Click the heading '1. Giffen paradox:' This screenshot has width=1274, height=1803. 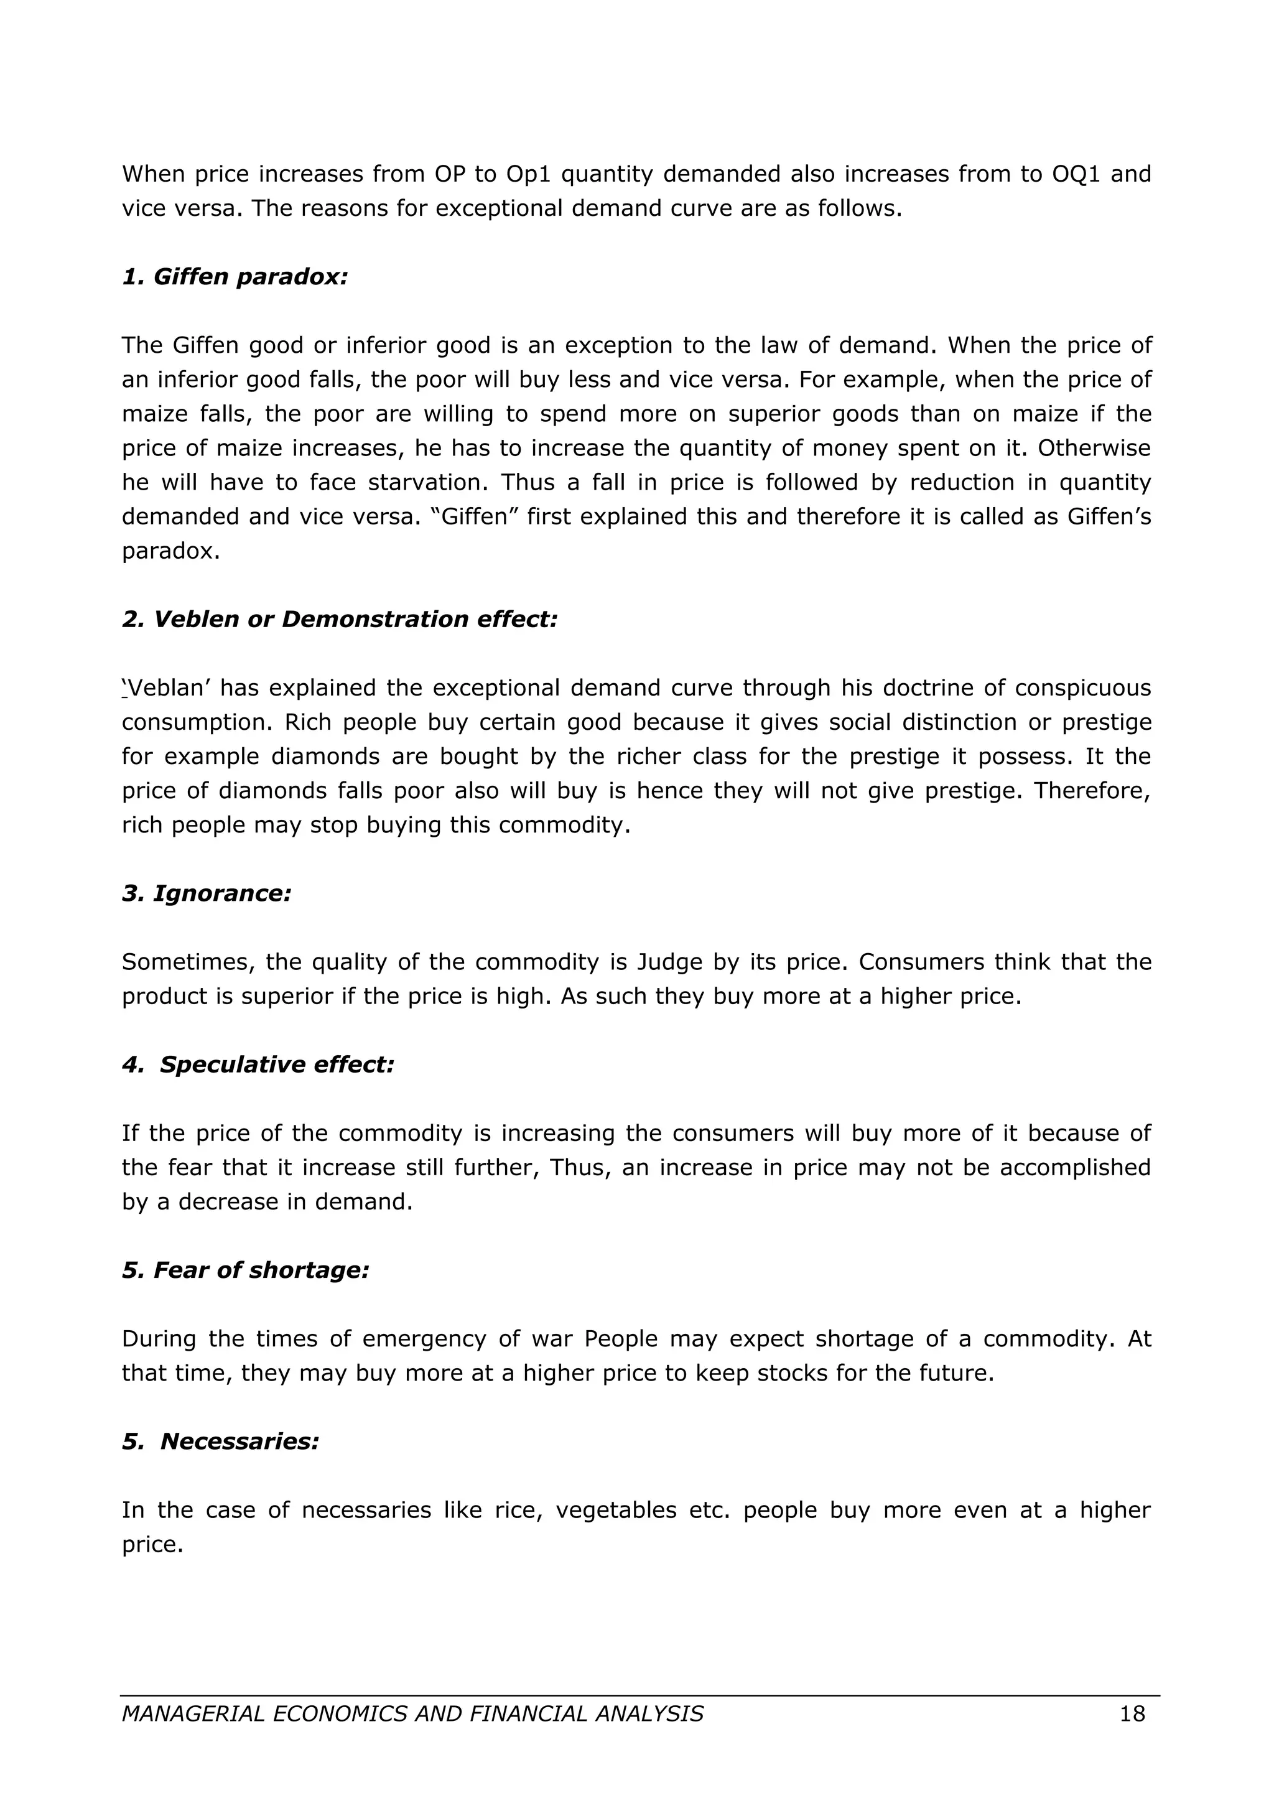point(234,276)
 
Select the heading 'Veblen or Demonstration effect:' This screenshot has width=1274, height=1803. point(355,619)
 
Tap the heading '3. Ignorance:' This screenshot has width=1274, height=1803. point(207,893)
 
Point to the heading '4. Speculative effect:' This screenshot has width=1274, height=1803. point(258,1064)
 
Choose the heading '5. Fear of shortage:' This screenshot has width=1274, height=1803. point(245,1270)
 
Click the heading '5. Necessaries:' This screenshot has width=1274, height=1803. point(221,1441)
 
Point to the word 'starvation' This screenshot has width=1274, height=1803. point(428,482)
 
